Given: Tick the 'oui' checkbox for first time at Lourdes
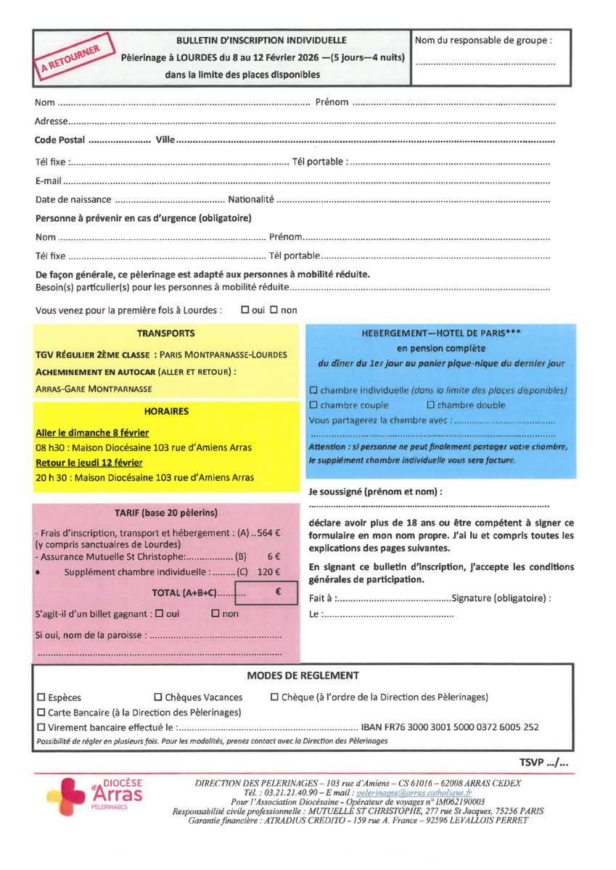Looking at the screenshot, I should tap(245, 310).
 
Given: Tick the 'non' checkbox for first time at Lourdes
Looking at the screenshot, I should tap(274, 310).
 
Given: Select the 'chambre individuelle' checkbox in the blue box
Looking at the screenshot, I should tap(313, 391).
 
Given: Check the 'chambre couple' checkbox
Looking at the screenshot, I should tap(313, 405).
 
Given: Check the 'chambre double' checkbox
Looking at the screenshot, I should tap(430, 405).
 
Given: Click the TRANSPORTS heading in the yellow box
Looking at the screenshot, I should tap(165, 333).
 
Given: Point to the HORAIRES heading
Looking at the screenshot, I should tap(165, 411).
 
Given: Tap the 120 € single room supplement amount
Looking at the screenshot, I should tap(268, 571).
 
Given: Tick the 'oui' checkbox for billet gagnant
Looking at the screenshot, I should tap(159, 614).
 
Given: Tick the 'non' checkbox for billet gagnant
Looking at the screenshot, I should tap(215, 614).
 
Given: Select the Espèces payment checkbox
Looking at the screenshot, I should tap(41, 697).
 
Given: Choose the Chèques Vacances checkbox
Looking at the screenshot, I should tap(159, 697).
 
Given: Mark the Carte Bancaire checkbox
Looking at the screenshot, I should tap(41, 713).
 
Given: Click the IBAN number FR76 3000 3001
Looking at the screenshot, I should tap(450, 727).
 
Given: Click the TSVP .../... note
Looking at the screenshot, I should tap(543, 762).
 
